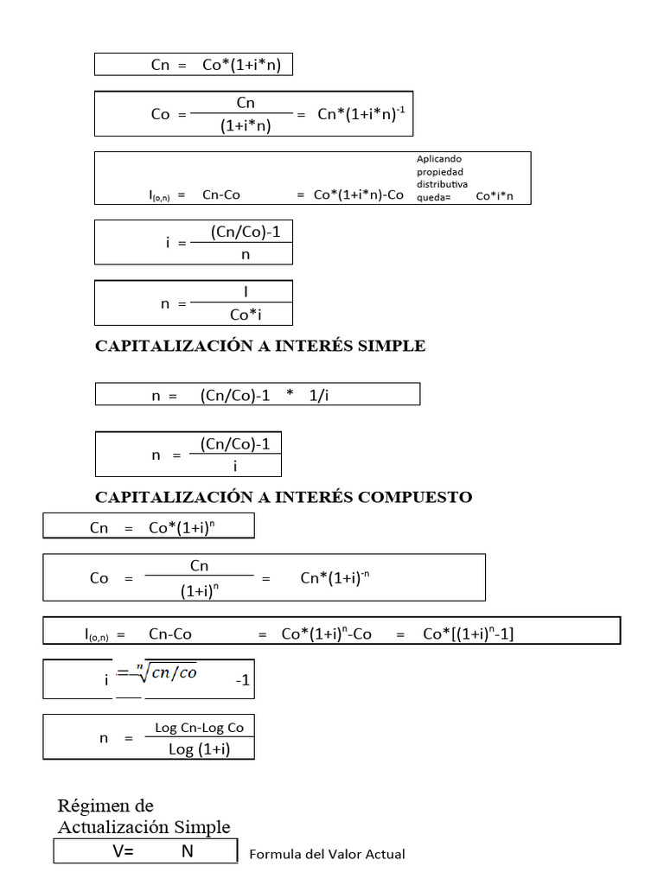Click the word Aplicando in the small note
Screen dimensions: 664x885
pyautogui.click(x=440, y=159)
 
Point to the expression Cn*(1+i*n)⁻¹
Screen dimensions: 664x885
pyautogui.click(x=361, y=115)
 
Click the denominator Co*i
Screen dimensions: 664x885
pyautogui.click(x=246, y=315)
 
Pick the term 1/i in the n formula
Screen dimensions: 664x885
pyautogui.click(x=320, y=395)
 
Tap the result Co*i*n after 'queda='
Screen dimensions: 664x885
pyautogui.click(x=495, y=196)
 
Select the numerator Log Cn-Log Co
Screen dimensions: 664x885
pyautogui.click(x=199, y=728)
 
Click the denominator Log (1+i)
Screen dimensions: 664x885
pyautogui.click(x=200, y=749)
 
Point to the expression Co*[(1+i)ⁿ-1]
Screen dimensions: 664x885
pyautogui.click(x=468, y=634)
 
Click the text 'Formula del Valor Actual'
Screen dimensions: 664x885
pyautogui.click(x=327, y=854)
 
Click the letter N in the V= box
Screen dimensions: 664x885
pyautogui.click(x=188, y=851)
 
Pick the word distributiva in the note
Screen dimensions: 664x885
pyautogui.click(x=443, y=184)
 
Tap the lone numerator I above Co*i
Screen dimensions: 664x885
pyautogui.click(x=246, y=292)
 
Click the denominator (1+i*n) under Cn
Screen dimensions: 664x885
pyautogui.click(x=246, y=126)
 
